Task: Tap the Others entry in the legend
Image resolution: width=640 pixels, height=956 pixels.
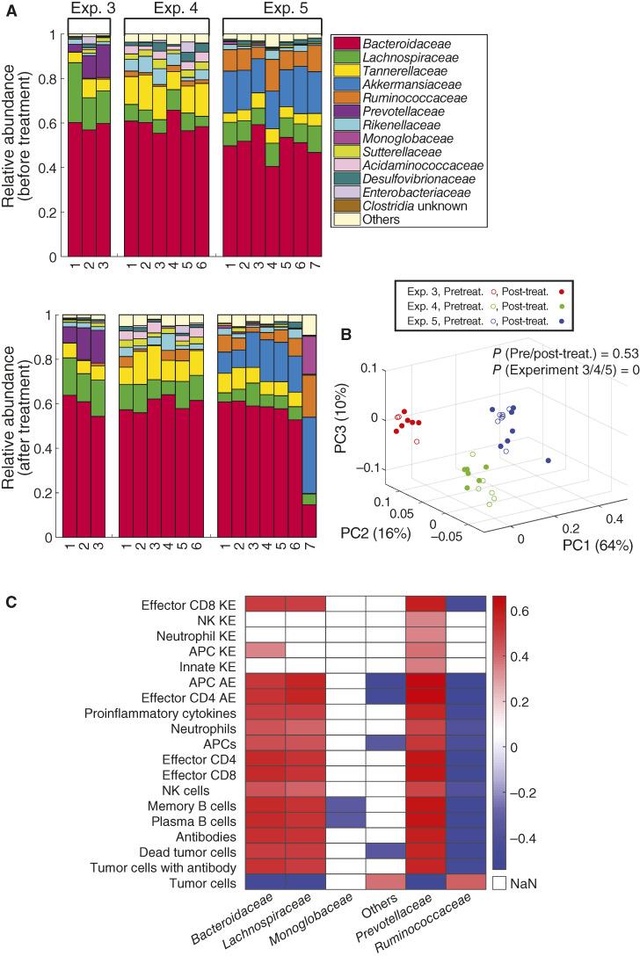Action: pyautogui.click(x=384, y=220)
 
